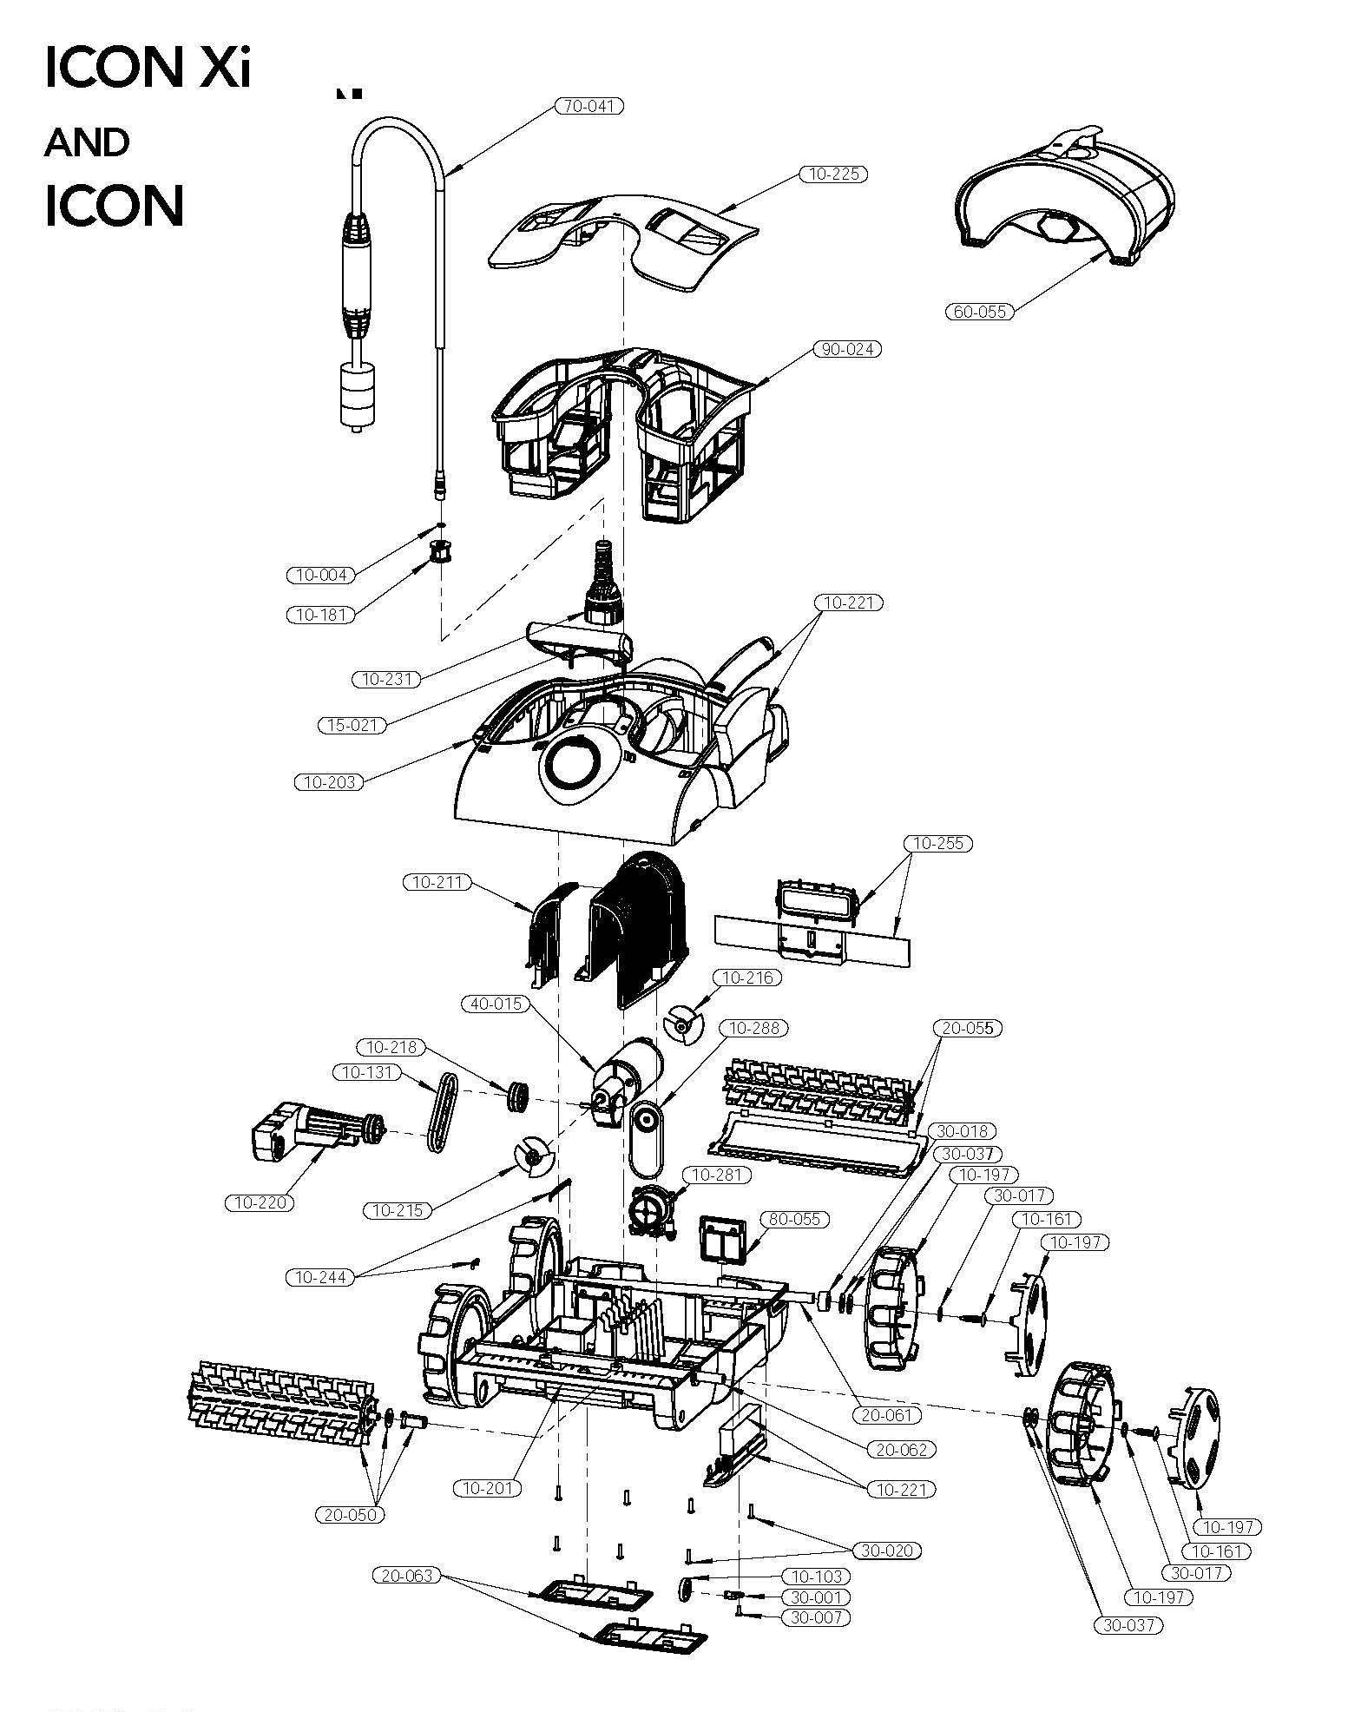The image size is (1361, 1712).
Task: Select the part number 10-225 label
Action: (833, 174)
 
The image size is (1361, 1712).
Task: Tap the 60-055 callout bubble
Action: (979, 312)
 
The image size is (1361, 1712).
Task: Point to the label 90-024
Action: (846, 349)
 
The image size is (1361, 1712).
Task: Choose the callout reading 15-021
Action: (352, 724)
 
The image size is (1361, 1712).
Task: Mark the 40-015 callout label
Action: (494, 1004)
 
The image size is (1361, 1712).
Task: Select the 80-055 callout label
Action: (793, 1219)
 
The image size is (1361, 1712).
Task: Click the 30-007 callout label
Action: (815, 1617)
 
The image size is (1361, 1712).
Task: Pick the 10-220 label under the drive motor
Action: (260, 1202)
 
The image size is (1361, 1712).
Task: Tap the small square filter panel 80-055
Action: (722, 1240)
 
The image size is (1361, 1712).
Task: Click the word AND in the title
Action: (86, 143)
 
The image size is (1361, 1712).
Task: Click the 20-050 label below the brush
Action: (350, 1515)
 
